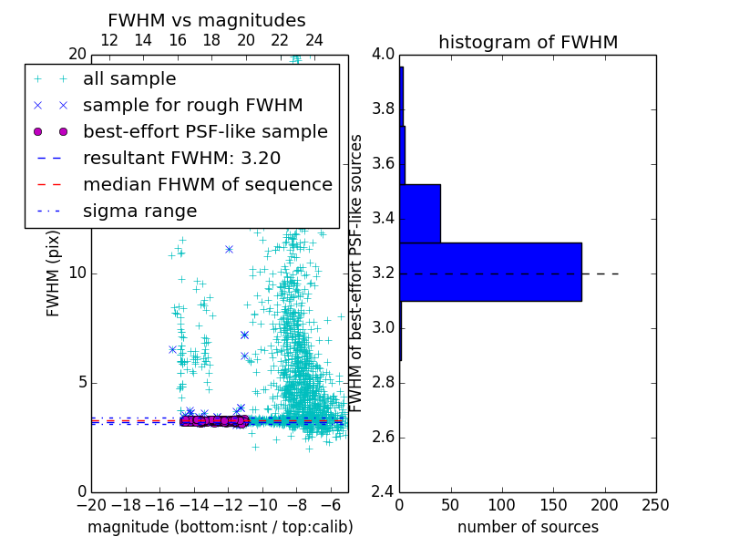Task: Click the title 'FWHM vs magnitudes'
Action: (206, 20)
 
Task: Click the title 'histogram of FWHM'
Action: (528, 42)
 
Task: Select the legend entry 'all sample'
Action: (129, 79)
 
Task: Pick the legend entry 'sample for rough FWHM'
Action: (192, 106)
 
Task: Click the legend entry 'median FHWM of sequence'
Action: (207, 184)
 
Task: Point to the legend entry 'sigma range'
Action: (139, 211)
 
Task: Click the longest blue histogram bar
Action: (490, 272)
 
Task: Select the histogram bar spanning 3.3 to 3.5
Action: (420, 213)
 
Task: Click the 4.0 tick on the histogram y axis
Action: (383, 54)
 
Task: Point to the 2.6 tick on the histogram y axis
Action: (383, 437)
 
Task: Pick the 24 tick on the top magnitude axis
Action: (314, 40)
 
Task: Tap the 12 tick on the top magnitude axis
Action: (108, 40)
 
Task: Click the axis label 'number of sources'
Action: (528, 527)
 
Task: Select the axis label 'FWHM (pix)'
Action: (53, 273)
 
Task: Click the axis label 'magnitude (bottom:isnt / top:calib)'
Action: (220, 527)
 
